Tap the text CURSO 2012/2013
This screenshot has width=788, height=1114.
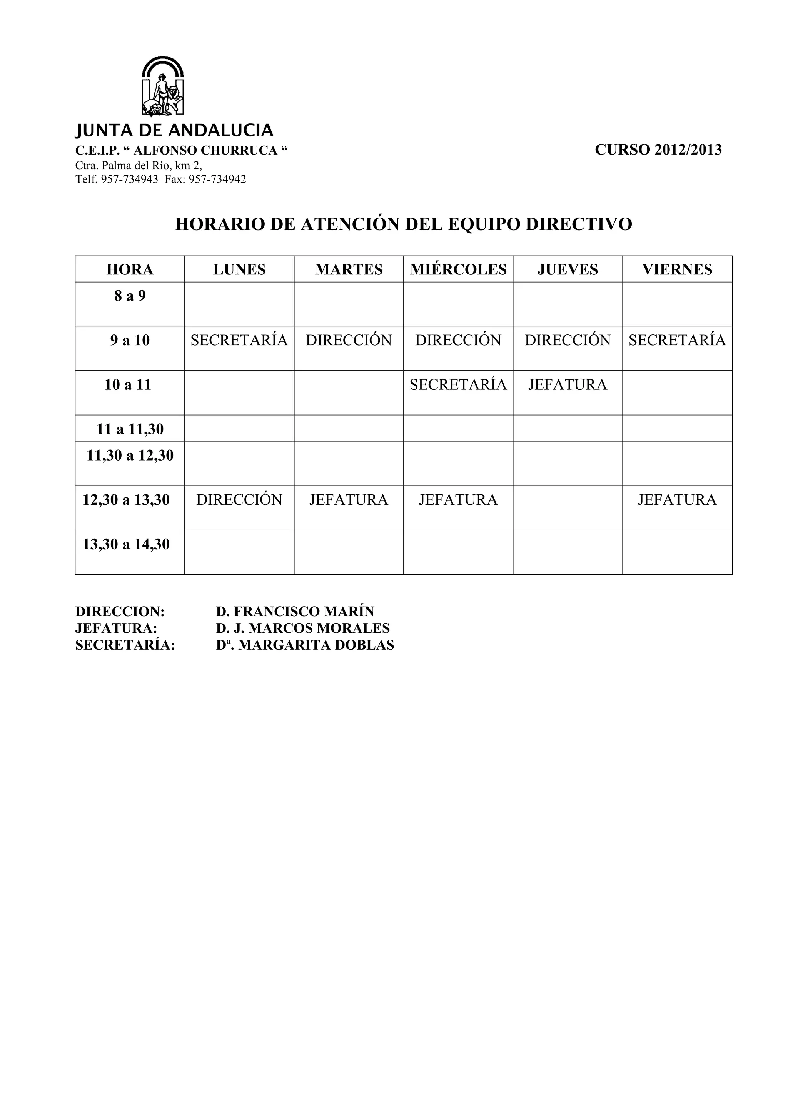[x=658, y=150]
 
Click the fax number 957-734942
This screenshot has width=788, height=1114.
[x=217, y=180]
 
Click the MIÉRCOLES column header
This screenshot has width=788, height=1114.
[x=458, y=269]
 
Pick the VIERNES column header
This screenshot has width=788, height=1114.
[x=677, y=269]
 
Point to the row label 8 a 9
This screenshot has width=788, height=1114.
[x=130, y=296]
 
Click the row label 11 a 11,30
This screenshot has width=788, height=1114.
[x=130, y=429]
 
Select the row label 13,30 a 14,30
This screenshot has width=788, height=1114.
[x=126, y=544]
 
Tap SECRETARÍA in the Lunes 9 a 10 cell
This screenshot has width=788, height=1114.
[x=239, y=340]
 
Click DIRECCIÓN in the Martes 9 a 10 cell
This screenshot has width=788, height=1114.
[x=349, y=340]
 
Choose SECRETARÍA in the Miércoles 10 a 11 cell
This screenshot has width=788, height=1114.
[x=458, y=385]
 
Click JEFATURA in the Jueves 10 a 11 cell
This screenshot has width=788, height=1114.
[x=568, y=385]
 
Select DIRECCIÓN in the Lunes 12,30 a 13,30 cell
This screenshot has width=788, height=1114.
[x=239, y=500]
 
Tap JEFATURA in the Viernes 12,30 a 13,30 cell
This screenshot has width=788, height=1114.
[x=677, y=500]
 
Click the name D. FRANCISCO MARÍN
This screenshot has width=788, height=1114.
[x=295, y=611]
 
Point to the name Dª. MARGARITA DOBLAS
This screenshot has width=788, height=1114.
[x=305, y=645]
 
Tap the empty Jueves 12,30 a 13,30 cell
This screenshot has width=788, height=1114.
[x=568, y=507]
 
